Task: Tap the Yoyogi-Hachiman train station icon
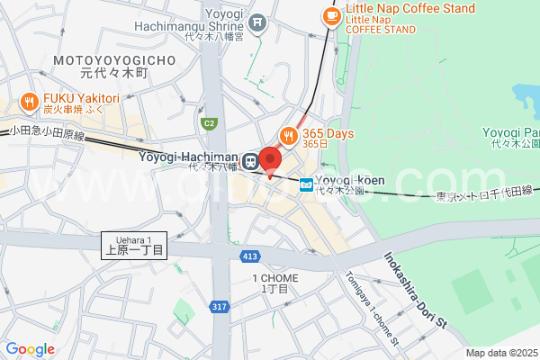(250, 158)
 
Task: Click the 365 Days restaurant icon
(289, 135)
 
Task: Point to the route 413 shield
(249, 256)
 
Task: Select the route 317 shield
(220, 308)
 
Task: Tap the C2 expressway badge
(210, 123)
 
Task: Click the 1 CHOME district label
(274, 283)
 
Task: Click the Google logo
(30, 348)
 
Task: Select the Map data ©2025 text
(501, 353)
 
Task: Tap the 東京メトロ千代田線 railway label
(484, 193)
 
